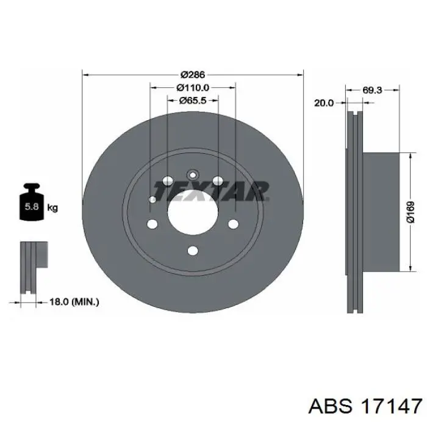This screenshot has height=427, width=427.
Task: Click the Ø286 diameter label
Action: [192, 74]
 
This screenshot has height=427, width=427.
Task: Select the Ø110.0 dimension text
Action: [193, 87]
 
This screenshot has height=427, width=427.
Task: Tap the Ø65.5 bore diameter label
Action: [193, 101]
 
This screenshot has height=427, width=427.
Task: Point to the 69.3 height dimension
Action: [372, 90]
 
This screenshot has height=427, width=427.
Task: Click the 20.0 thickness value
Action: [324, 103]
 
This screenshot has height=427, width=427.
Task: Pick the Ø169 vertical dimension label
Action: [411, 212]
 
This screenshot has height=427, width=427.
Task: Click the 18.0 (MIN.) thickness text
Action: [74, 302]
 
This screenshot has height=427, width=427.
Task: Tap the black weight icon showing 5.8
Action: [32, 201]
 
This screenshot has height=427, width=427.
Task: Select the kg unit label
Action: [52, 208]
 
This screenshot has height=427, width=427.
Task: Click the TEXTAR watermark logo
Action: [211, 191]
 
